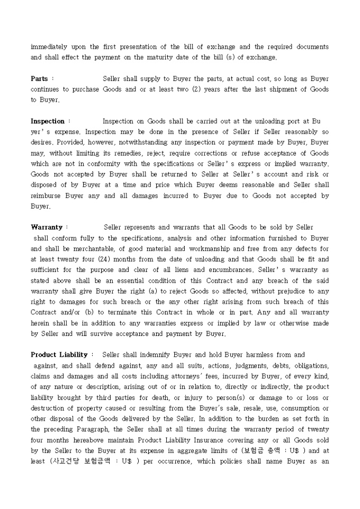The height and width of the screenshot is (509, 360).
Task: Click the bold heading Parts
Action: (39, 79)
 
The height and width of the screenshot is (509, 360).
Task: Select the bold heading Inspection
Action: (48, 121)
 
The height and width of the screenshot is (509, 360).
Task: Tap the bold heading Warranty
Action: (47, 228)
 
